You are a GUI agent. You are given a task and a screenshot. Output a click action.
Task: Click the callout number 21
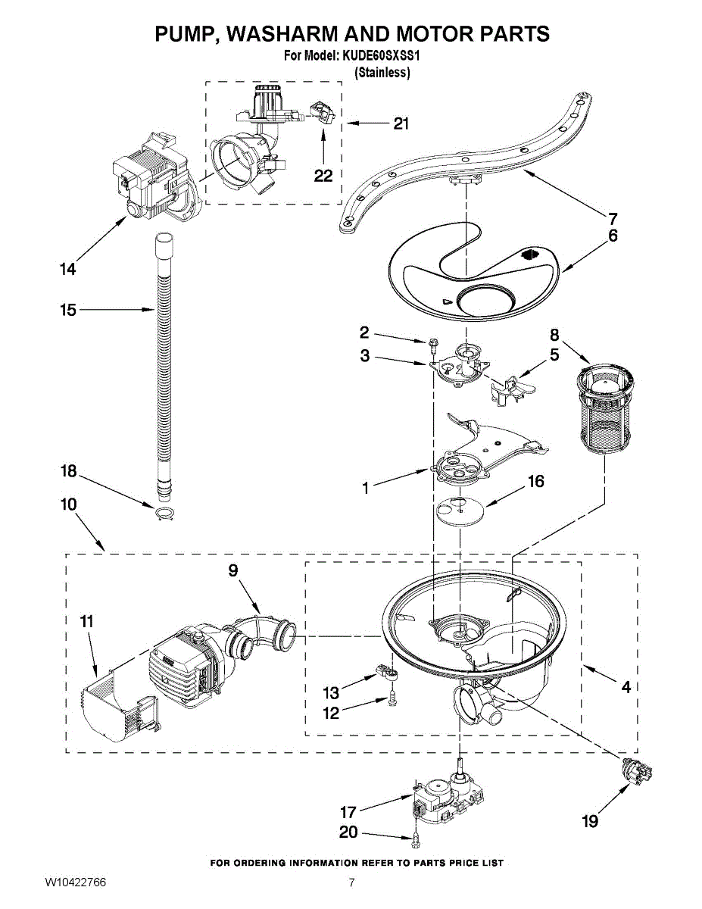[x=401, y=123]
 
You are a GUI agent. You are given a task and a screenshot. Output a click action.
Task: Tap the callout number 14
[x=68, y=268]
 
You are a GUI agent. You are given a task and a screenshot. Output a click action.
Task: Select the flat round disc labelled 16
[x=460, y=511]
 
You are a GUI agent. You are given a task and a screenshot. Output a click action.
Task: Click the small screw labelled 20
[x=416, y=839]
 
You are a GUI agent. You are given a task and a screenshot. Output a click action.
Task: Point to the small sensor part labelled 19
[x=635, y=772]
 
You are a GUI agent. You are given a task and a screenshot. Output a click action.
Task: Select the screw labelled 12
[x=392, y=701]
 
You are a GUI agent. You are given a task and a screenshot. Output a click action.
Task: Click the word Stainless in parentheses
[x=382, y=73]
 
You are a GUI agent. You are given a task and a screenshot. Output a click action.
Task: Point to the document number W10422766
[x=75, y=883]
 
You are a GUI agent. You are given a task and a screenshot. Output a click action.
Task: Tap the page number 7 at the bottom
[x=351, y=883]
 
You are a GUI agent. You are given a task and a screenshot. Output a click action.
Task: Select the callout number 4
[x=626, y=687]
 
